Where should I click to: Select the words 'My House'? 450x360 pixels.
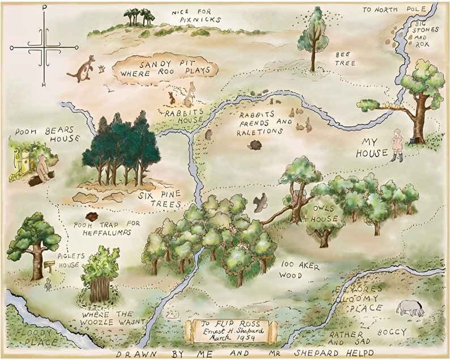tap(372, 147)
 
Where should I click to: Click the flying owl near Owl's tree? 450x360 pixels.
tap(260, 202)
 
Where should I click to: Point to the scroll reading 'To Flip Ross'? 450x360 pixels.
tap(230, 331)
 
